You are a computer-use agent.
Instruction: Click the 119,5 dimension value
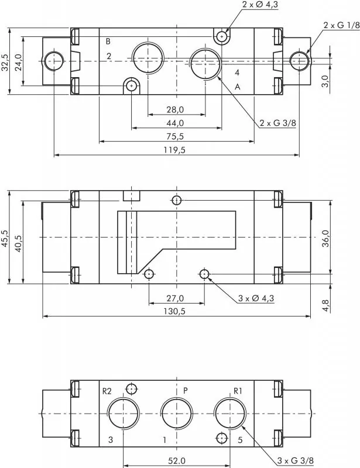[176, 150]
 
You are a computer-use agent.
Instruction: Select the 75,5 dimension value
[176, 136]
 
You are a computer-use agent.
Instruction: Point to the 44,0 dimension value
[176, 123]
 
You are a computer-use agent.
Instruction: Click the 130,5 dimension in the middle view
[176, 312]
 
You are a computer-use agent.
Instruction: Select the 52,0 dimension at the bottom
[176, 461]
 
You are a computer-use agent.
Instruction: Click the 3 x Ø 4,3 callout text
[256, 298]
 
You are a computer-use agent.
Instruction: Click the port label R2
[107, 391]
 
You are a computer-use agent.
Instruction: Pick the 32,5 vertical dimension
[5, 61]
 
